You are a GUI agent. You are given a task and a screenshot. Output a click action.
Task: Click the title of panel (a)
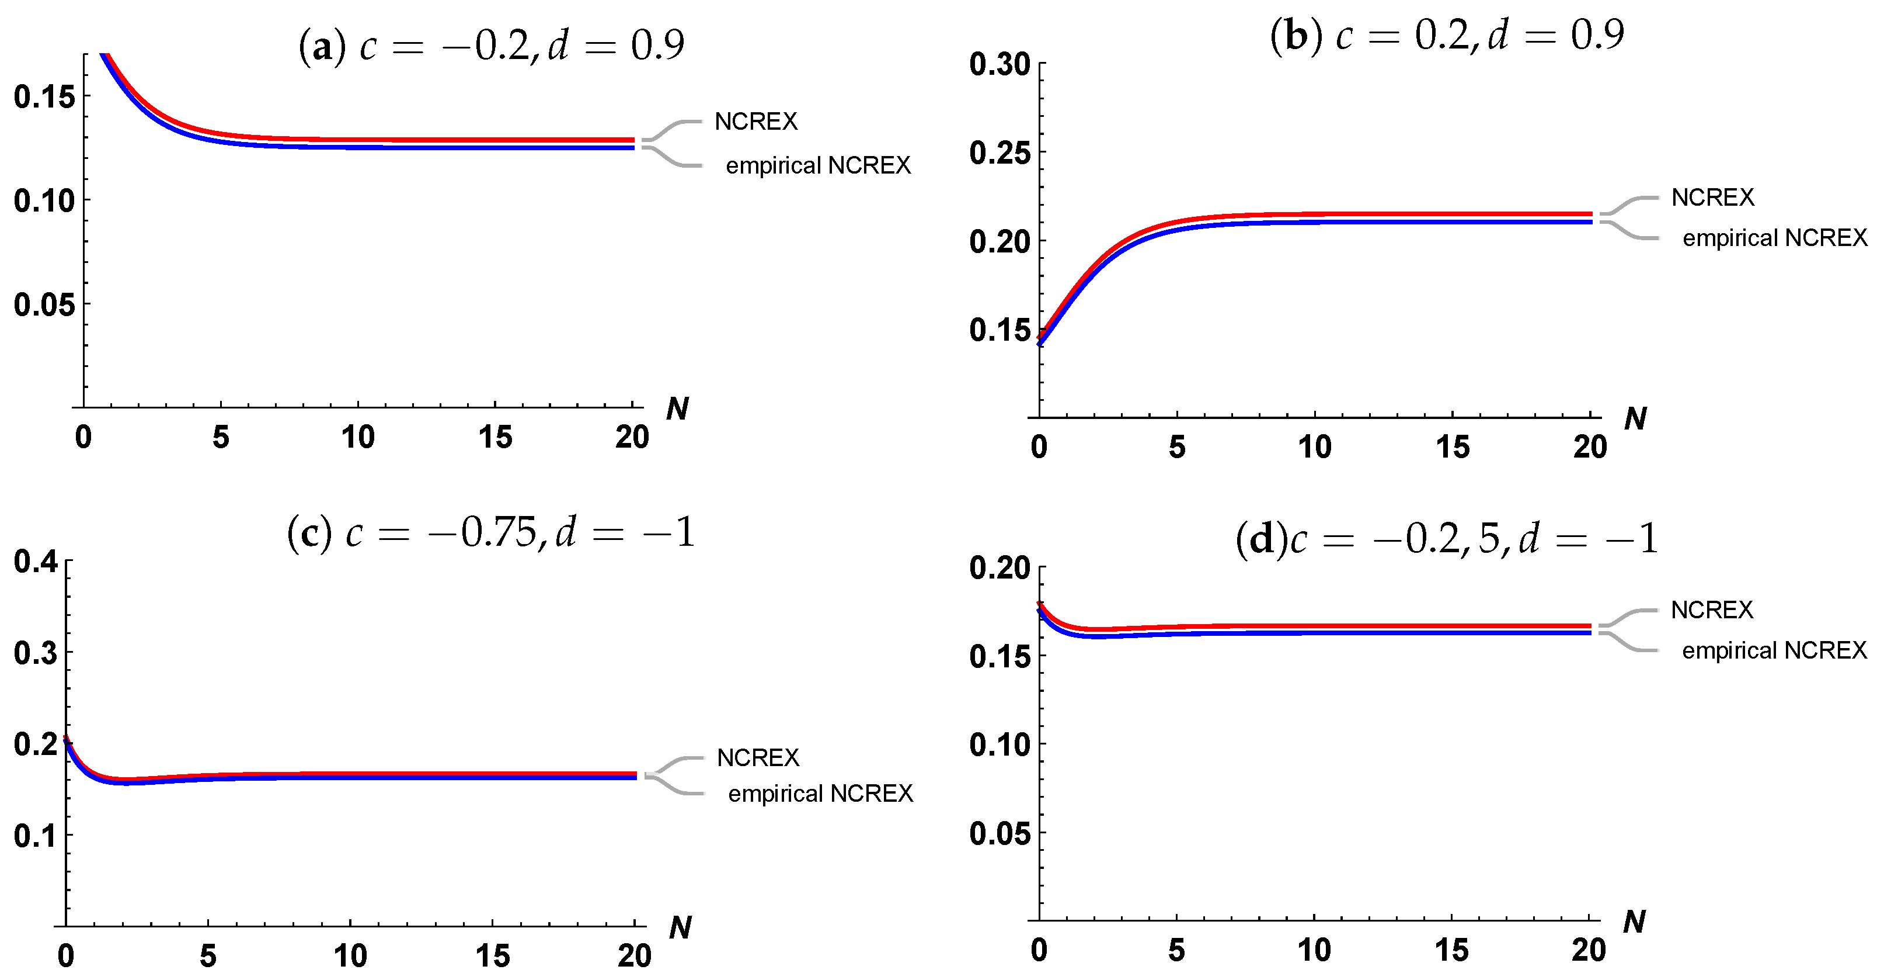[492, 46]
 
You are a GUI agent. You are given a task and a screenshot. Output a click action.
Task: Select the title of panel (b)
[1447, 35]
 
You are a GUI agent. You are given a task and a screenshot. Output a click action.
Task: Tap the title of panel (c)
[490, 532]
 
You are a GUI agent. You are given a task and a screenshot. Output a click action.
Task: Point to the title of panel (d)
[1446, 539]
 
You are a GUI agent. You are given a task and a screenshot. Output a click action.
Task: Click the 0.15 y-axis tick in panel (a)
[44, 96]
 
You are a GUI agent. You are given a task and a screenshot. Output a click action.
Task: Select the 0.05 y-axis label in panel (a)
[44, 304]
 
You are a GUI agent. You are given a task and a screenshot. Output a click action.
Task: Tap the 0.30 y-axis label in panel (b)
[999, 64]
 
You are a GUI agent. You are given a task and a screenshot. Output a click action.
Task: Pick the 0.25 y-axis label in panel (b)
[999, 153]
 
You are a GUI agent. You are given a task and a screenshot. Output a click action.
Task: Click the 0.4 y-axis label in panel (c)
[35, 562]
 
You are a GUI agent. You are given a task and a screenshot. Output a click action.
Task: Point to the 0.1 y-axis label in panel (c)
[35, 835]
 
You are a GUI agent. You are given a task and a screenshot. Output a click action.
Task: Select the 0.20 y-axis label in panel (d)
[999, 568]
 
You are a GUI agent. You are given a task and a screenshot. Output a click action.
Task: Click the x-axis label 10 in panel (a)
[358, 438]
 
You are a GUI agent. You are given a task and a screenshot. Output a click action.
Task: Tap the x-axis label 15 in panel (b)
[1452, 447]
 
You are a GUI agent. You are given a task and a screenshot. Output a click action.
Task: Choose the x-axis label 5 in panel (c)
[208, 956]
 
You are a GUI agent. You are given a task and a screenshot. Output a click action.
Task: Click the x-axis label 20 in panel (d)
[1589, 950]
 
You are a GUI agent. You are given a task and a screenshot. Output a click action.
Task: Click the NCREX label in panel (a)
[755, 122]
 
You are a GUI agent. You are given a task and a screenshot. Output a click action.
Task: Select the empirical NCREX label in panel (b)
[1774, 238]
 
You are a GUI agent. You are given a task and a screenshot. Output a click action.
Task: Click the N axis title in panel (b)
[1635, 418]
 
